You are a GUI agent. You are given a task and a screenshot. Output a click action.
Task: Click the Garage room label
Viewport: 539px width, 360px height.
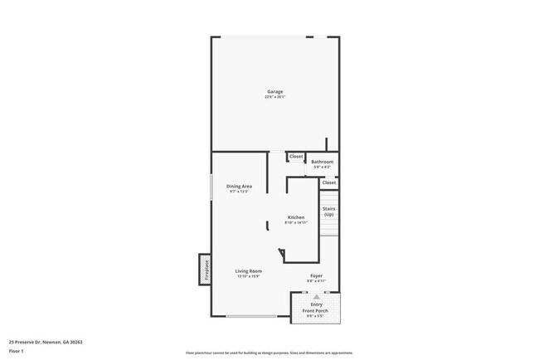tap(274, 91)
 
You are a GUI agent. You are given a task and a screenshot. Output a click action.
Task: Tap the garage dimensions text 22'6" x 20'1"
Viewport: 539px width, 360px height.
tap(274, 97)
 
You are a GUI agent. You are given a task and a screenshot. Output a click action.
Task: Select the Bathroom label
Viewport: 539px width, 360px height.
tap(323, 162)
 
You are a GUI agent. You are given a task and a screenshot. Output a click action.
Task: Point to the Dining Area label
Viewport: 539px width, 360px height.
tap(240, 186)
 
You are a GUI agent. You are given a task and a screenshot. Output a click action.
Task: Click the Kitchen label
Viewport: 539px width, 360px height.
tap(296, 217)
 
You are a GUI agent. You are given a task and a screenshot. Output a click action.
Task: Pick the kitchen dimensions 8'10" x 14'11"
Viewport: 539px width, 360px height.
tap(296, 223)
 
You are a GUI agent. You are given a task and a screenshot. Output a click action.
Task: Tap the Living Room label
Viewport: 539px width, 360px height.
tap(249, 270)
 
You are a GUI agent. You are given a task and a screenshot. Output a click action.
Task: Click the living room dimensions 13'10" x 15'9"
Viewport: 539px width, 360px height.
tap(249, 276)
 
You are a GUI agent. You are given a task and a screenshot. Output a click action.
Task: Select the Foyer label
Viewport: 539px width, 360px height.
tap(317, 275)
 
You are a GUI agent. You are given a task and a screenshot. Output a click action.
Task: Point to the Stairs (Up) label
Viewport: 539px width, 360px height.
tap(328, 212)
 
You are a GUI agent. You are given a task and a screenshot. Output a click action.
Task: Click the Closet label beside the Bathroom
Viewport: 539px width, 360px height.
tap(296, 156)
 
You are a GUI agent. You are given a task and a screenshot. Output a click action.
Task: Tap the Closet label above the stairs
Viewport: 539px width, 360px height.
tap(328, 182)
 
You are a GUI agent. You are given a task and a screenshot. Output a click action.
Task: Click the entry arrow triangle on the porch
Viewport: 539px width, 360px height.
tap(316, 296)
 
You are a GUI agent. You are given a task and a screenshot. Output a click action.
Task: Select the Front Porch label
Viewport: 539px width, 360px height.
tap(316, 310)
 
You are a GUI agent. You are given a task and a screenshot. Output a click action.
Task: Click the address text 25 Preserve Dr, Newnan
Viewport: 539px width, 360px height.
tap(46, 342)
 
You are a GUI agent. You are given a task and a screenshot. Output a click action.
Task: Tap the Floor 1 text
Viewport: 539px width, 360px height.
tap(17, 351)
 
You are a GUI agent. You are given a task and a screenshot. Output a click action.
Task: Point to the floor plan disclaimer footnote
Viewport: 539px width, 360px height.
tap(269, 352)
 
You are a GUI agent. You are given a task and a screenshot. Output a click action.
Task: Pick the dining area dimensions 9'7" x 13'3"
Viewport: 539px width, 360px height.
tap(240, 192)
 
